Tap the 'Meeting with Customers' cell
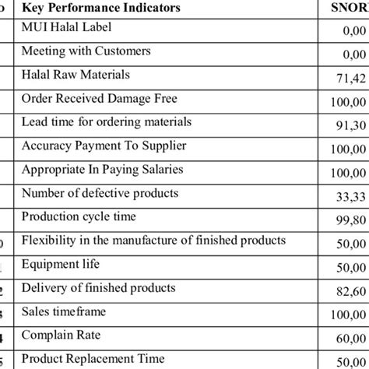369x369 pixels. (86, 51)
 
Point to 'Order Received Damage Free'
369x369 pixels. (100, 99)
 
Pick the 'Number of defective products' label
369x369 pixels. (100, 192)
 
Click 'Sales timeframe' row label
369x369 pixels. (64, 311)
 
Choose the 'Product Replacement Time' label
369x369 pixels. (93, 359)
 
